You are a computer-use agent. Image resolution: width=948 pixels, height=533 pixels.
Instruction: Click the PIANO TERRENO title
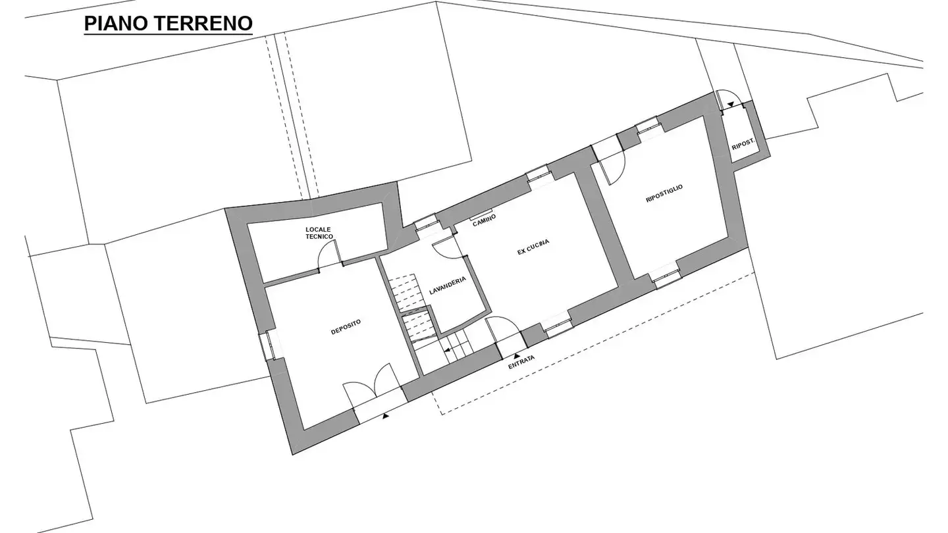169,24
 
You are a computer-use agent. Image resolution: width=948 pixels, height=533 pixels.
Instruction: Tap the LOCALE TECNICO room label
319,233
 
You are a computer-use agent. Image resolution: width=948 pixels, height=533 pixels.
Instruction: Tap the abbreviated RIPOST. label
742,144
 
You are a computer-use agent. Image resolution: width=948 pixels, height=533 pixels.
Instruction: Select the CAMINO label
485,221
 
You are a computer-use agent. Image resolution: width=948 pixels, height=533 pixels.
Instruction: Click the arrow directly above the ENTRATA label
516,355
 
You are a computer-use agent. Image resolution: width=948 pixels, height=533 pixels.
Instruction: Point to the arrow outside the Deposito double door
386,415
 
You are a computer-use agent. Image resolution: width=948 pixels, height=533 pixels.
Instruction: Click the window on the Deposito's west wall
269,345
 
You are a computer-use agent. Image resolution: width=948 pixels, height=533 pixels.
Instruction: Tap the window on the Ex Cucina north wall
538,174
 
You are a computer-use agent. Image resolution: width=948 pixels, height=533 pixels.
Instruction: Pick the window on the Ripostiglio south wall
666,276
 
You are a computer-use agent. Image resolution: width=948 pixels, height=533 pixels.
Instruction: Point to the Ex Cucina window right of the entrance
558,326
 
